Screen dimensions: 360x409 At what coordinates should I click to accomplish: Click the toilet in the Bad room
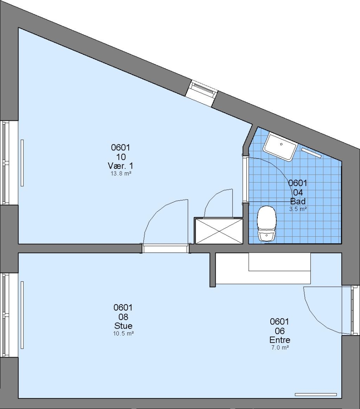pyautogui.click(x=266, y=223)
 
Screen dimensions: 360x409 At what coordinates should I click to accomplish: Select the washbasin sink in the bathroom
pyautogui.click(x=280, y=147)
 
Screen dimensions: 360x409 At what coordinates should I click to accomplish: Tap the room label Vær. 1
pyautogui.click(x=120, y=165)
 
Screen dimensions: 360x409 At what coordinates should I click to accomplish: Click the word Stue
pyautogui.click(x=123, y=326)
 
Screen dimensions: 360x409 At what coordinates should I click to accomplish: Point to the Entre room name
pyautogui.click(x=280, y=340)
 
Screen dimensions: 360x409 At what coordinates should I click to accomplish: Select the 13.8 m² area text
pyautogui.click(x=121, y=173)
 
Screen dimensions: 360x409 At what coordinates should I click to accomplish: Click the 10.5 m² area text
pyautogui.click(x=123, y=333)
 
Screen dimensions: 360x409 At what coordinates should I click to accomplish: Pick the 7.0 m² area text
pyautogui.click(x=280, y=347)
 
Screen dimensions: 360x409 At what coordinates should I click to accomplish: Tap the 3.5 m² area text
pyautogui.click(x=298, y=209)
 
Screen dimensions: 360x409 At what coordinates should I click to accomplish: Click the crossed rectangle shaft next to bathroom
pyautogui.click(x=219, y=231)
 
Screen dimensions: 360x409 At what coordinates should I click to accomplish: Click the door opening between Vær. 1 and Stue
pyautogui.click(x=165, y=248)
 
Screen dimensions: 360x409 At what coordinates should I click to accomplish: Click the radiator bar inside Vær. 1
pyautogui.click(x=22, y=163)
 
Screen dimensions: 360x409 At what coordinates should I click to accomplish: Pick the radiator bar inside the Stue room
pyautogui.click(x=22, y=315)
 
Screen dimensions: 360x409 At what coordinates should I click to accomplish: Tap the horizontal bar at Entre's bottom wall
pyautogui.click(x=316, y=394)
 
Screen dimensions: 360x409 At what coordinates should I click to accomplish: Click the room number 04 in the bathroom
pyautogui.click(x=298, y=192)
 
